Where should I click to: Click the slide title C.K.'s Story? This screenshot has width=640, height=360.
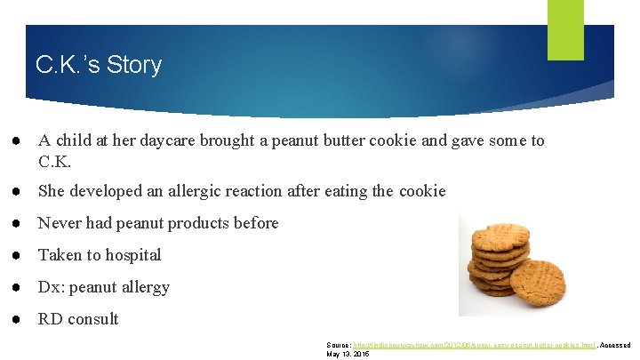point(98,65)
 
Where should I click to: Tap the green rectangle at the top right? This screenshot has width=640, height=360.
point(565,29)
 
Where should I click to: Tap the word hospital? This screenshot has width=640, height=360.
point(132,255)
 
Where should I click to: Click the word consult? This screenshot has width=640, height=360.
point(92,319)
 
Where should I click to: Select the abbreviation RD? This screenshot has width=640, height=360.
point(49,319)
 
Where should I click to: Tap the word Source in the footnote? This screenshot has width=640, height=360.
point(339,345)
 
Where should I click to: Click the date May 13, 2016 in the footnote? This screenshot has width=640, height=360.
point(348,354)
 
